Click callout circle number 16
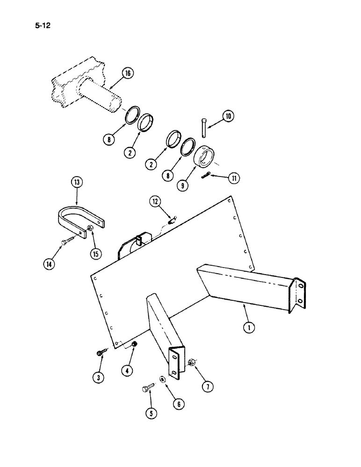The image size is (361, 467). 128,73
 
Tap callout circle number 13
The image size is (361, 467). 77,182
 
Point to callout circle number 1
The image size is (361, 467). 249,327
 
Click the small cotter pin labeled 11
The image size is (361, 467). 207,175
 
